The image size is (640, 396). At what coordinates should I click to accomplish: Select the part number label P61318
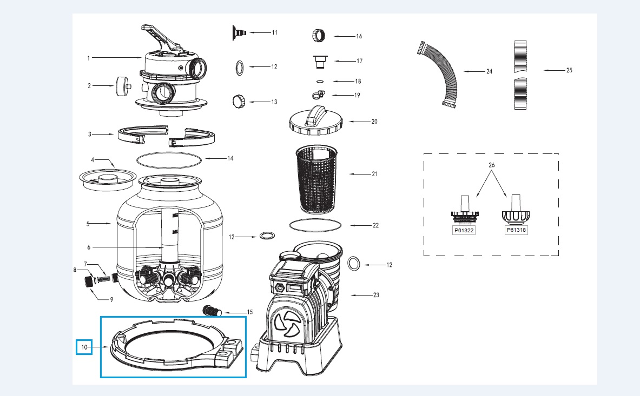tap(516, 230)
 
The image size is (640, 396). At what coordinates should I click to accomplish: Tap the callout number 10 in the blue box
tap(83, 346)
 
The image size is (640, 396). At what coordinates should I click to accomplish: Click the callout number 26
tap(491, 164)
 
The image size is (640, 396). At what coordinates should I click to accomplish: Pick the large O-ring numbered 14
tap(169, 159)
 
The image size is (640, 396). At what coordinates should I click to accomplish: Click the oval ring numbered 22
tap(315, 224)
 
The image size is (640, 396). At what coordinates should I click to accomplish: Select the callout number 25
tap(568, 70)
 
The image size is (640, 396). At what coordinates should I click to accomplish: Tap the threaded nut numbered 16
tap(319, 36)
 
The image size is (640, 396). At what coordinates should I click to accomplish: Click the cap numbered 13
tap(239, 101)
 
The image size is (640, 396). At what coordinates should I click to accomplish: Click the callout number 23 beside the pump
tap(376, 295)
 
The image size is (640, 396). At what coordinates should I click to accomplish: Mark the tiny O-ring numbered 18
tap(319, 82)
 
